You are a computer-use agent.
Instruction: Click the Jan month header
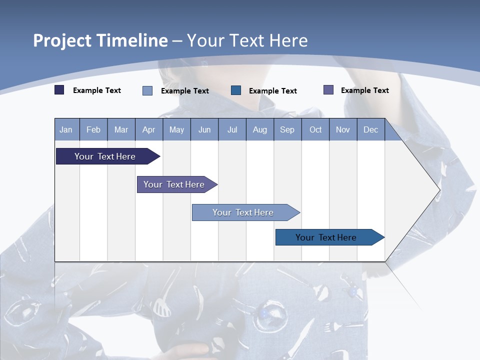[x=66, y=129]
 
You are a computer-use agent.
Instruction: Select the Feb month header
[x=93, y=129]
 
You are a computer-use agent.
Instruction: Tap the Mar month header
[x=121, y=129]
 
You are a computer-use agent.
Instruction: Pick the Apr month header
[x=149, y=129]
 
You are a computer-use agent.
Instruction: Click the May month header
[x=176, y=129]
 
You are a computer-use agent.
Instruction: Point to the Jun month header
[x=204, y=129]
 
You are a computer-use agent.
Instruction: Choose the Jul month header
[x=232, y=129]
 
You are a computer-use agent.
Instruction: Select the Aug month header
[x=260, y=129]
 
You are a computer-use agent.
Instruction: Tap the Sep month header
[x=287, y=129]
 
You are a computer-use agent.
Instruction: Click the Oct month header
[x=315, y=129]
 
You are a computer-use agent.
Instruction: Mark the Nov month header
[x=343, y=129]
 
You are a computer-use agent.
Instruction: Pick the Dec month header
[x=371, y=129]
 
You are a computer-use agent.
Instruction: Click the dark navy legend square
[x=59, y=90]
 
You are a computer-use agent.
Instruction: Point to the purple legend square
[x=328, y=90]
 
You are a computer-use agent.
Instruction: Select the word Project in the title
[x=62, y=40]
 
